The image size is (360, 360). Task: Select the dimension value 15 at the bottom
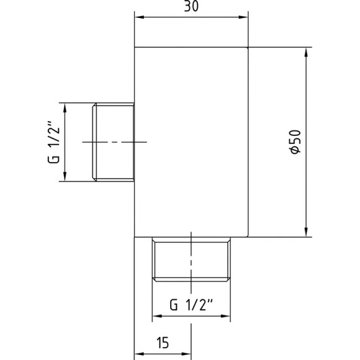coord(163,341)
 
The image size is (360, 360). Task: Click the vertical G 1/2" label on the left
coord(55,142)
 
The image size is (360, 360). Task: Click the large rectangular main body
coord(192,142)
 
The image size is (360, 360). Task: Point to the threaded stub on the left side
coord(114,142)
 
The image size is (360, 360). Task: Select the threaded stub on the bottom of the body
coord(192,260)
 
